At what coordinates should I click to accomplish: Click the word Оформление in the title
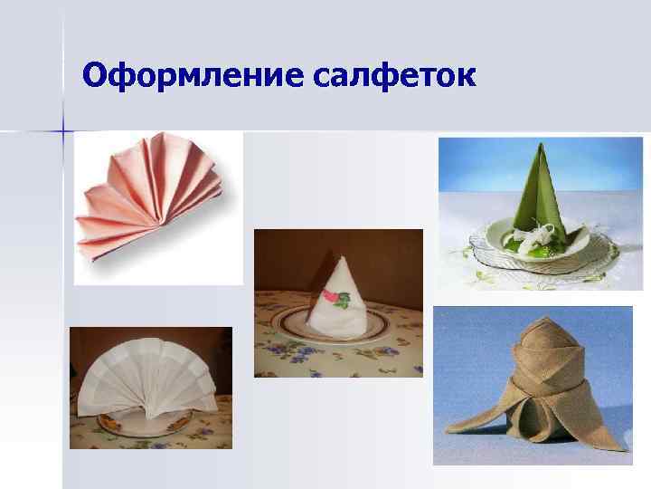(x=194, y=76)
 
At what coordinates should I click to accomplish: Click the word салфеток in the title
(x=396, y=76)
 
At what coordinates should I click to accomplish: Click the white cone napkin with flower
(x=336, y=299)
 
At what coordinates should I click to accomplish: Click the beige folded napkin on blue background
(x=529, y=389)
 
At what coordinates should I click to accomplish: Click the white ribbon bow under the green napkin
(x=533, y=235)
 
